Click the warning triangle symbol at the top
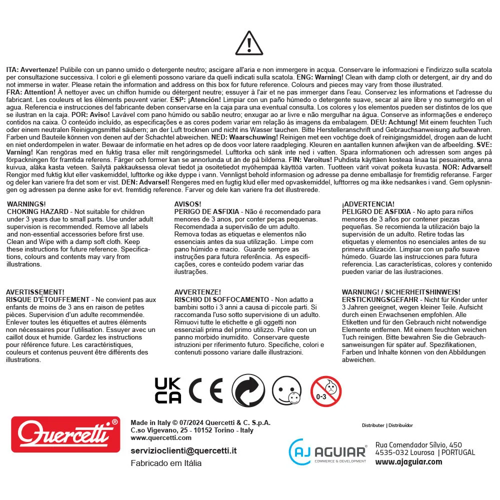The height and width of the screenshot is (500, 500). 249,43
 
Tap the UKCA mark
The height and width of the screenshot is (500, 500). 168,390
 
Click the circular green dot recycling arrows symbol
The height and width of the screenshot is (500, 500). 248,390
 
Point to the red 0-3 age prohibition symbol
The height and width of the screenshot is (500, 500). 326,390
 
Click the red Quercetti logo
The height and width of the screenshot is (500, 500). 65,434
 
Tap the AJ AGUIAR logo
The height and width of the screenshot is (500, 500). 328,451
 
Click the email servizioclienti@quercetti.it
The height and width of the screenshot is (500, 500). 183,450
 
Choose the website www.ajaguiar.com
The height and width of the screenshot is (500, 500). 408,461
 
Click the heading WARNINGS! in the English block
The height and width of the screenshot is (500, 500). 26,204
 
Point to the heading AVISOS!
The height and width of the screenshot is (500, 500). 188,204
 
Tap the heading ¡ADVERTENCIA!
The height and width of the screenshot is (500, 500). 368,204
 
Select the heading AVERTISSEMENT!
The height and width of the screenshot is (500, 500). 35,292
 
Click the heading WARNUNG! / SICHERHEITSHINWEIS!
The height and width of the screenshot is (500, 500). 401,292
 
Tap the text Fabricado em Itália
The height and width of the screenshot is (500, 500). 166,463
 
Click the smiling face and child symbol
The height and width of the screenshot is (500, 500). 287,390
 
